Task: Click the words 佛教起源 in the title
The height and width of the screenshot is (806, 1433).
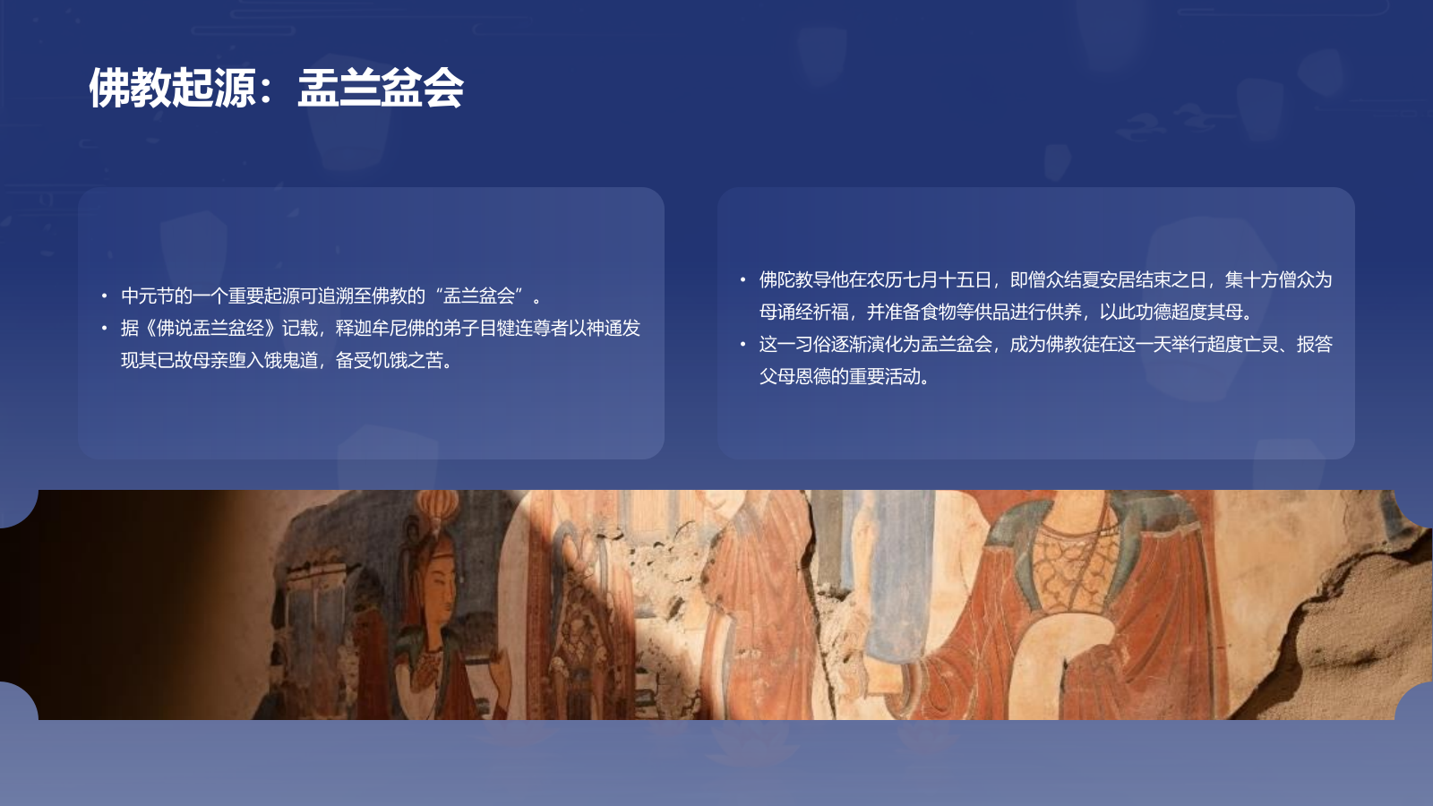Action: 172,88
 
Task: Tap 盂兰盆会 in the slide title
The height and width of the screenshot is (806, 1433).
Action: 381,88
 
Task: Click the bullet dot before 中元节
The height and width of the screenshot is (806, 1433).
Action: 104,296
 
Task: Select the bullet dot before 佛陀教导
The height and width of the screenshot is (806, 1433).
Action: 742,279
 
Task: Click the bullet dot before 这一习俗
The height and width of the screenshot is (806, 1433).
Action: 742,344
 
